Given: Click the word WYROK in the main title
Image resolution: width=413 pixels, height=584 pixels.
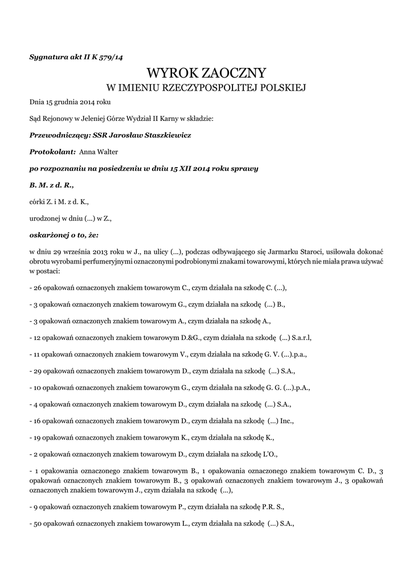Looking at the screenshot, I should click(171, 73).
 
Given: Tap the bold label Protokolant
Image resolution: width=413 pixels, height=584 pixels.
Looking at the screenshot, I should click(52, 152).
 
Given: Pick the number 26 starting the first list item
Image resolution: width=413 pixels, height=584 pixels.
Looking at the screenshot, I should click(38, 287).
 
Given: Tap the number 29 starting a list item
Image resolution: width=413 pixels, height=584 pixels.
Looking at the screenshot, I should click(38, 370).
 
